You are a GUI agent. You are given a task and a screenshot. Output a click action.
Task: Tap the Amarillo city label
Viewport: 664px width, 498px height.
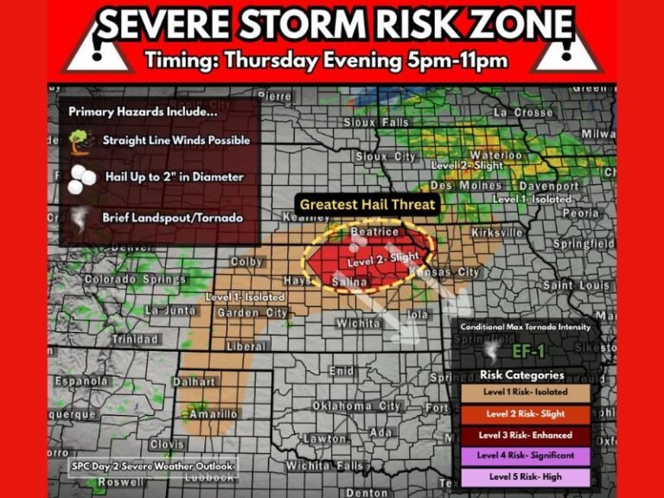(212, 413)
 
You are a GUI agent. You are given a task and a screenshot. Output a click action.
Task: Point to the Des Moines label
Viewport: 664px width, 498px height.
(465, 185)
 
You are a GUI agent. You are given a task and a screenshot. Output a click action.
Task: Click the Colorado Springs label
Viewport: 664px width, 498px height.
(123, 279)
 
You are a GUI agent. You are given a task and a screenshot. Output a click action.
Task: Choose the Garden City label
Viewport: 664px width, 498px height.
(252, 312)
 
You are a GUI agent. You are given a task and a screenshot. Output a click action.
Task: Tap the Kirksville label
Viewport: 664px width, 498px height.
(498, 233)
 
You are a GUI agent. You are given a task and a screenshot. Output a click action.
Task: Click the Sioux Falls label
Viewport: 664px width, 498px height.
(377, 123)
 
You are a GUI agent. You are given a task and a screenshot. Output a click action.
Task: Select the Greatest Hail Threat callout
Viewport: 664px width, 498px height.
(367, 205)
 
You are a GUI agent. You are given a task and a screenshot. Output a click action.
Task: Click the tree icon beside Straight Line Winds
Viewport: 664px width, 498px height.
(80, 140)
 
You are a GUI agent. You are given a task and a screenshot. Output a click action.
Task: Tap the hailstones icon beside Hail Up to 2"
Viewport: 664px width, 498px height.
(80, 178)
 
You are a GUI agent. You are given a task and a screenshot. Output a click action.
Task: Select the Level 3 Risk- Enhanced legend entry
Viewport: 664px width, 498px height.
(526, 435)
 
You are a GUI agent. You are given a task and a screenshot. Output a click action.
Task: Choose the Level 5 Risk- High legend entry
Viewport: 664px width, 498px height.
(526, 476)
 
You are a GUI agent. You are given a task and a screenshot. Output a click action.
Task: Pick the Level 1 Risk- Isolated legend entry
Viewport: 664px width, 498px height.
(526, 393)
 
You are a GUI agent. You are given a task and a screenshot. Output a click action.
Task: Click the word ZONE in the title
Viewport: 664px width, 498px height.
(514, 25)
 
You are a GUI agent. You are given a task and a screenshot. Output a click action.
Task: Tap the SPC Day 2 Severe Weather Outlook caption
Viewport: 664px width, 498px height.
(152, 467)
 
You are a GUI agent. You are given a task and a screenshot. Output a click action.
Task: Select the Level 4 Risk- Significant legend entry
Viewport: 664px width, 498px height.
(526, 456)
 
